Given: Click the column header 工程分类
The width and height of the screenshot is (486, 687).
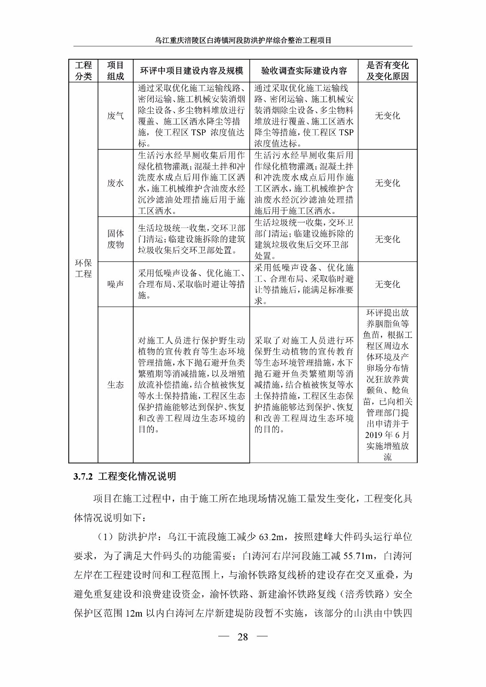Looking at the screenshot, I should pyautogui.click(x=83, y=71).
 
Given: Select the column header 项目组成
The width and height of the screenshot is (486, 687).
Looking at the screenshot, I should pyautogui.click(x=115, y=71).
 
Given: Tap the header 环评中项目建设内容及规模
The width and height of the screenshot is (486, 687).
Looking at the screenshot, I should pyautogui.click(x=191, y=71).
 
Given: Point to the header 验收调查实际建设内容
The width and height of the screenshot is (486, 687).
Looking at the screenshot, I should pyautogui.click(x=304, y=71).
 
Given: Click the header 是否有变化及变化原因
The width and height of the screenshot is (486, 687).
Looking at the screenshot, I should pyautogui.click(x=387, y=71).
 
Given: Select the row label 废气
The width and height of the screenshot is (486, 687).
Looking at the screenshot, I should pyautogui.click(x=115, y=116).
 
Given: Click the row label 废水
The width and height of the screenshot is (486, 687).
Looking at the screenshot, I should pyautogui.click(x=115, y=183).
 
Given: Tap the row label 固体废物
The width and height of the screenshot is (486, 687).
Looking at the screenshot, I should pyautogui.click(x=115, y=239).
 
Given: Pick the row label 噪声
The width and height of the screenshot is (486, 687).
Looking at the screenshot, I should pyautogui.click(x=115, y=284).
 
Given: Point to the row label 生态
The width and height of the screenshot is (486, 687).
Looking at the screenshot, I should pyautogui.click(x=115, y=385).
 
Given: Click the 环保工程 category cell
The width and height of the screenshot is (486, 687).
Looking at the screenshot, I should pyautogui.click(x=83, y=268).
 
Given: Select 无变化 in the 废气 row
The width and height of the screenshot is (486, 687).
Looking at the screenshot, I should pyautogui.click(x=387, y=116).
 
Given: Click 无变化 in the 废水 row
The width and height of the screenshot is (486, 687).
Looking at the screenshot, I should pyautogui.click(x=387, y=183).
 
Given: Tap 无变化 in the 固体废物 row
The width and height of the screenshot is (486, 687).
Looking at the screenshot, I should pyautogui.click(x=387, y=239).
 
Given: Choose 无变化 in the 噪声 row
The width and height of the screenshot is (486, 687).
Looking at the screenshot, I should pyautogui.click(x=387, y=284).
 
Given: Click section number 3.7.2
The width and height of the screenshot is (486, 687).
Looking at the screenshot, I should pyautogui.click(x=83, y=477).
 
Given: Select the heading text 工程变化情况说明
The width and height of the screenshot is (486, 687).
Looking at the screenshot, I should pyautogui.click(x=137, y=477).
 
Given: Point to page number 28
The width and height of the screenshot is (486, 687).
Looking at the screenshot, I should pyautogui.click(x=243, y=637).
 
